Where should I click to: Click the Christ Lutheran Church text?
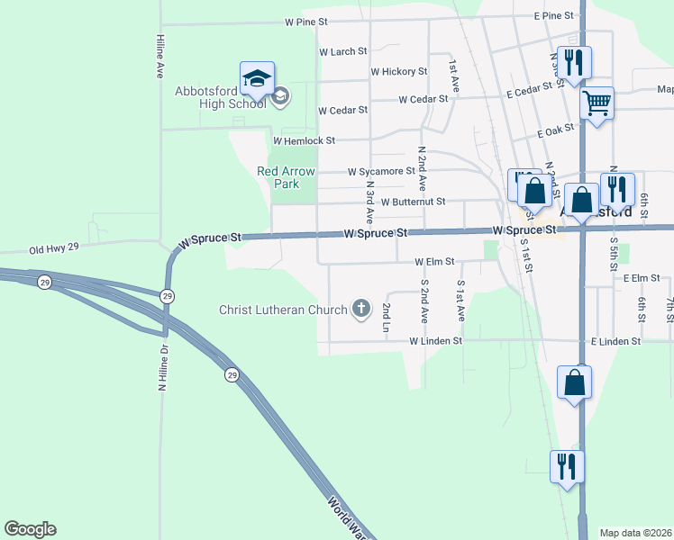283,310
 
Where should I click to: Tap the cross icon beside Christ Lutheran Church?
360,310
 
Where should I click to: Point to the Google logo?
30,529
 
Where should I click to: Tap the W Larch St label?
344,52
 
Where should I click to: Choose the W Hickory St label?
398,72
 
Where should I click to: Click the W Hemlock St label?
305,140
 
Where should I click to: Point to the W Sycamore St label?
381,171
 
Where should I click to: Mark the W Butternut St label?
413,202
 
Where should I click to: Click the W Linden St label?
435,342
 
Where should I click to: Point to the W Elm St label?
435,262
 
